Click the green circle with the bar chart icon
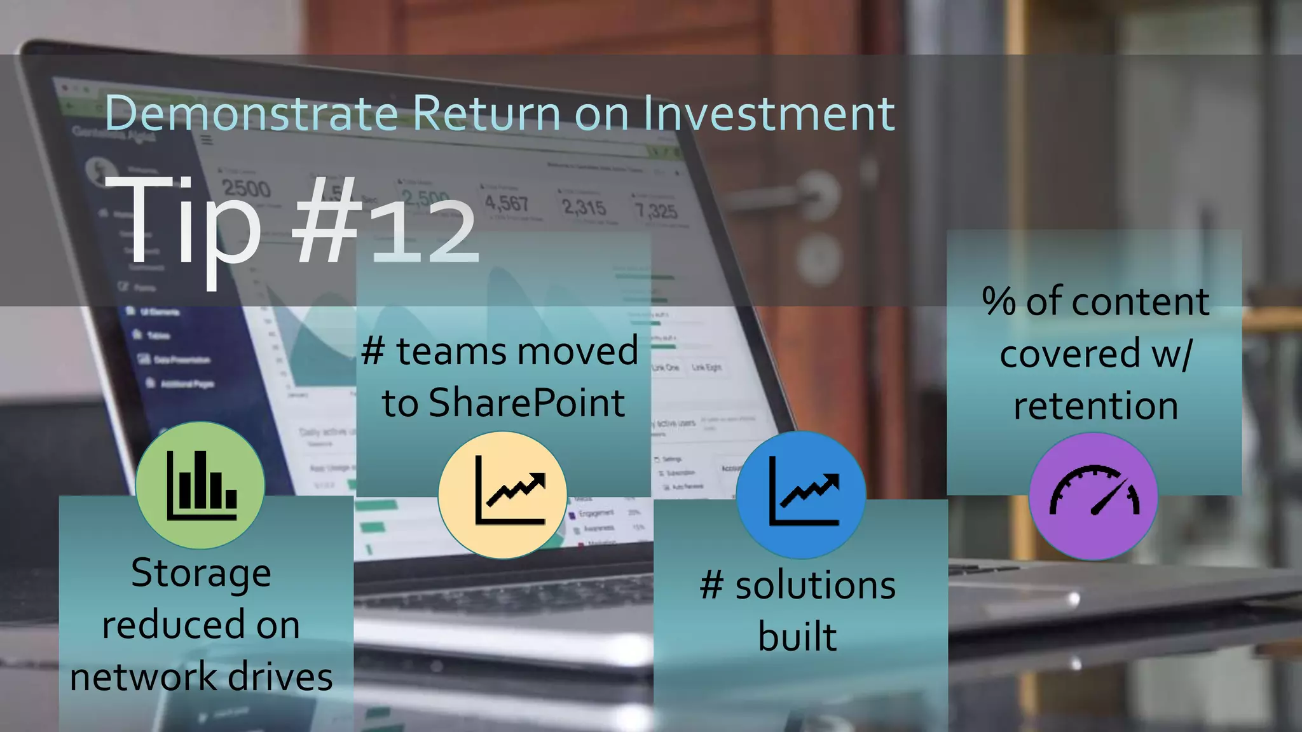(200, 485)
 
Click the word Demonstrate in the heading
(251, 113)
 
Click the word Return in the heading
(486, 113)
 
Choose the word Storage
(201, 573)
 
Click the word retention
(1095, 406)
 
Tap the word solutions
(815, 585)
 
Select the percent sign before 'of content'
(999, 301)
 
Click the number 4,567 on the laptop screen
(507, 203)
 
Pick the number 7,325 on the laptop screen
(656, 210)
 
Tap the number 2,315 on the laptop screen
(584, 207)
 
